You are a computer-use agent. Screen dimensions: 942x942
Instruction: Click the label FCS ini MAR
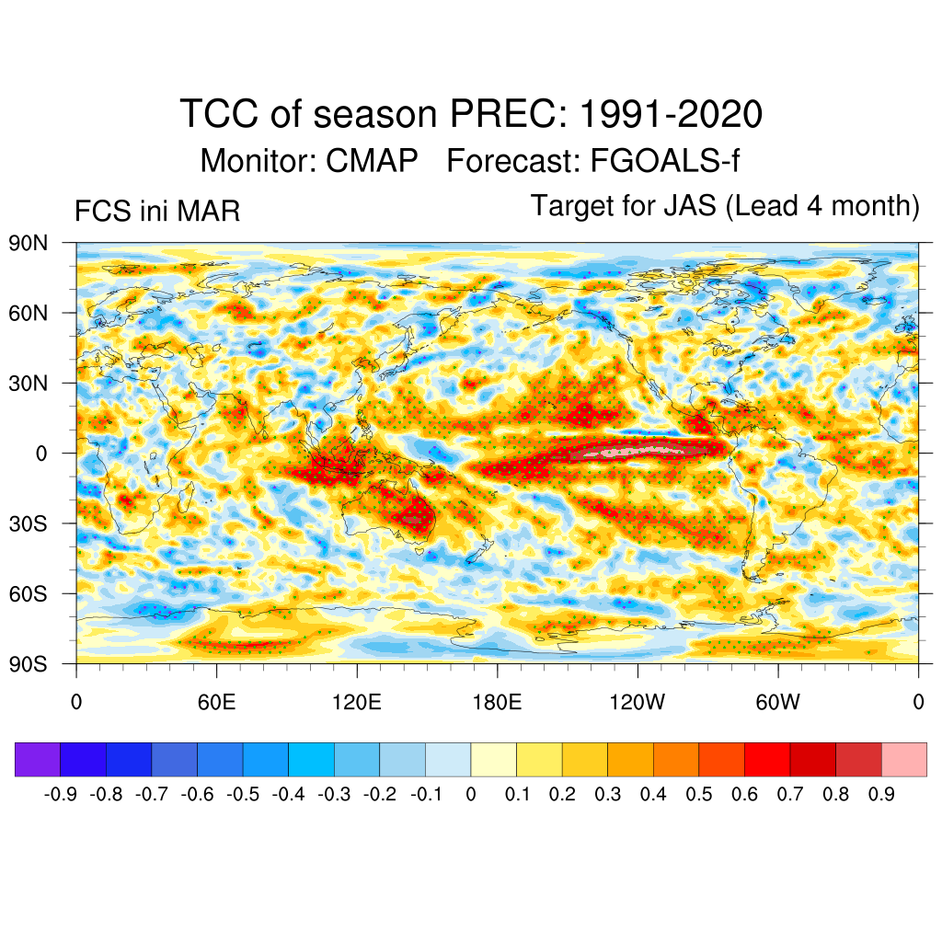157,213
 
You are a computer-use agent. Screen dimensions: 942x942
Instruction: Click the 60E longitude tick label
216,704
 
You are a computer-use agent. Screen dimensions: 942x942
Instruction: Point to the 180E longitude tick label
497,704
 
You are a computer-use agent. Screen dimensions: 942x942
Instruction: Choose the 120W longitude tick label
638,704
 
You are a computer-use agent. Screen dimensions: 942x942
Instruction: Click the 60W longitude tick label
777,704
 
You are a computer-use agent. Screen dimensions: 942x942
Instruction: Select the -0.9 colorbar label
61,794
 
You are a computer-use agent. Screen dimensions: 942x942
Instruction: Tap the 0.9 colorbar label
881,794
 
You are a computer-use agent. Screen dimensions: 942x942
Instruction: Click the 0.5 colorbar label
699,794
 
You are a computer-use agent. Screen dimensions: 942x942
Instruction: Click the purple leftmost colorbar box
38,759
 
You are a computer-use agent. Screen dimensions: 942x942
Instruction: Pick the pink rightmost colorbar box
903,759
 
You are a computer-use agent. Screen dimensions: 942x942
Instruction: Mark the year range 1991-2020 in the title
671,115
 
